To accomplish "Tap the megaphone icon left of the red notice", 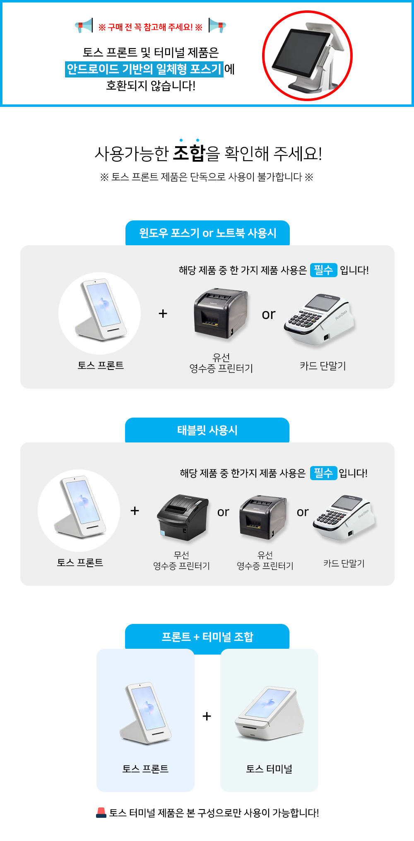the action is coord(84,26).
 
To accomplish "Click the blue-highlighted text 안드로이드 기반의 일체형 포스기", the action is coord(144,69).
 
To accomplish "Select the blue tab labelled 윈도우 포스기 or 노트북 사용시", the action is coord(207,233).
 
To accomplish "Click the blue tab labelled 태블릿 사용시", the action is coord(207,430).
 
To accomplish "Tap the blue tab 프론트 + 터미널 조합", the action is coord(207,637).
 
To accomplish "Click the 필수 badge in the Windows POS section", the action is coord(324,270).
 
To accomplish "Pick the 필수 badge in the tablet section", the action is coord(324,473).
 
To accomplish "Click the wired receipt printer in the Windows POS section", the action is coord(221,313).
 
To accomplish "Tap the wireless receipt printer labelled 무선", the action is coord(183,517).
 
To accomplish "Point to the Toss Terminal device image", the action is coord(270,713).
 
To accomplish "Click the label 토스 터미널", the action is coord(269,769).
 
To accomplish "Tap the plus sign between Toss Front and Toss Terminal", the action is coord(207,716).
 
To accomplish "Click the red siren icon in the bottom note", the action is coord(101,813).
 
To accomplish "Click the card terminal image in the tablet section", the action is coord(344,518).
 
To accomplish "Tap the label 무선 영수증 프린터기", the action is coord(181,561).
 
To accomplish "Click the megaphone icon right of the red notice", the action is coord(217,26).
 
